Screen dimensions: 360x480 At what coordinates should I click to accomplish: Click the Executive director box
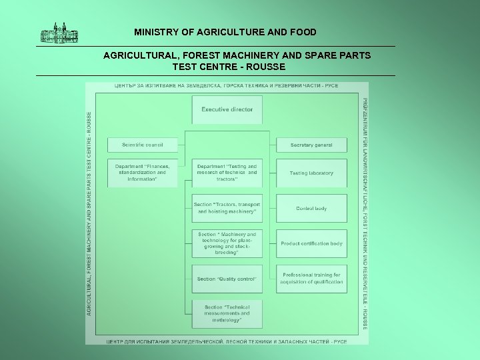coord(227,109)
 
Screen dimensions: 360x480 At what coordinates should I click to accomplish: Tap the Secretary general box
coord(311,145)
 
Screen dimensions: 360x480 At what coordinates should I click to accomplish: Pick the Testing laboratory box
coord(311,173)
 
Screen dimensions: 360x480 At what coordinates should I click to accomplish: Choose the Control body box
coord(311,209)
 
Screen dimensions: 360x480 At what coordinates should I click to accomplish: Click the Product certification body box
coord(311,243)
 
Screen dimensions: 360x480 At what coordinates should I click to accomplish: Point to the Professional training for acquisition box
coord(311,278)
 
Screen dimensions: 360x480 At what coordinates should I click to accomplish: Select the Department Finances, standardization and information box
coord(142,173)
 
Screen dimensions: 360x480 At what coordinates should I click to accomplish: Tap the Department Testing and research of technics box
coord(227,173)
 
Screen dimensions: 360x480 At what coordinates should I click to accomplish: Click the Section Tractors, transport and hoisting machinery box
coord(227,208)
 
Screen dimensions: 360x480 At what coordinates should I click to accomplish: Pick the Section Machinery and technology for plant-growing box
coord(227,243)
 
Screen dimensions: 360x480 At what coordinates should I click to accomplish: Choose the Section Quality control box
coord(227,279)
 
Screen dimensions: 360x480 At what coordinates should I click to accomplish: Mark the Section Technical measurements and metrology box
coord(227,313)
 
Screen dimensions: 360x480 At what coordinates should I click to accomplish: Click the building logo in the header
coord(59,33)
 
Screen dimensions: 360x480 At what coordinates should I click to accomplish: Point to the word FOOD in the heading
coord(304,32)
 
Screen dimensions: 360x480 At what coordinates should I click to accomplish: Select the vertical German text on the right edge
coord(364,213)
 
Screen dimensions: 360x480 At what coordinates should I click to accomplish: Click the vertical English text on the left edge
coord(90,213)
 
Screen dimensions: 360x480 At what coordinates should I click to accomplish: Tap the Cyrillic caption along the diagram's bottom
coord(227,341)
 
